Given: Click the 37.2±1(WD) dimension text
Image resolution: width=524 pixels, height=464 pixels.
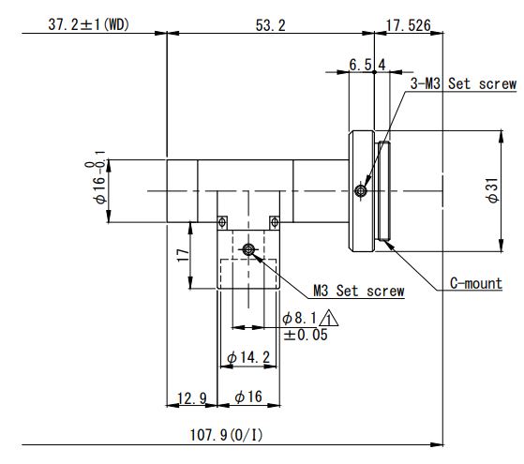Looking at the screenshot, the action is point(88,24).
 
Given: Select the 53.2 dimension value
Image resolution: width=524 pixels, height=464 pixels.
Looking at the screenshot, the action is point(270,25).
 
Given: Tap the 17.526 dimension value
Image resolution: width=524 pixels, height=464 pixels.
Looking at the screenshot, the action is point(408,25).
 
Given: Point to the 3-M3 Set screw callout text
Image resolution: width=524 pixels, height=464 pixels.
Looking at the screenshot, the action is point(463,83).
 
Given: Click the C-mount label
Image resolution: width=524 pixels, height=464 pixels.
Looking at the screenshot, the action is point(476,283).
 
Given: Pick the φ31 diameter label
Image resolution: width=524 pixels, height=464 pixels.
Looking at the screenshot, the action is point(493,190).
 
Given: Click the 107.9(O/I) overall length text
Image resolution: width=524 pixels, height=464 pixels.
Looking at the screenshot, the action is point(226,435).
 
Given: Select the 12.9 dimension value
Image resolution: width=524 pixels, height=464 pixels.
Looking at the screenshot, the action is point(192,398).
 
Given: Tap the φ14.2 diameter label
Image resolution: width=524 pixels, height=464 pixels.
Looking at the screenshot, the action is point(248,357).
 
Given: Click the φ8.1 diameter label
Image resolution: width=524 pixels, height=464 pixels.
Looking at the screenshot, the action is point(299,318).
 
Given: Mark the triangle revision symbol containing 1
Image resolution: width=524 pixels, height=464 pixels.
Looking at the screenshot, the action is point(328,319).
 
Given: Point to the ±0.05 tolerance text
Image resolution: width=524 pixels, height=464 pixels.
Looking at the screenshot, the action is point(306,335).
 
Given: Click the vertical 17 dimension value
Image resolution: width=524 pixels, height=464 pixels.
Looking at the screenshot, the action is point(183,255).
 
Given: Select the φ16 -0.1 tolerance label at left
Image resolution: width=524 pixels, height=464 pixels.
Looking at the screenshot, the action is point(99,177).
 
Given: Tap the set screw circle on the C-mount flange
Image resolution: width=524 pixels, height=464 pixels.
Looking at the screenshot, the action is point(361,191).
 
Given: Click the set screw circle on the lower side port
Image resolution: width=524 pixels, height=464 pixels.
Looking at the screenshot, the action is point(248,249).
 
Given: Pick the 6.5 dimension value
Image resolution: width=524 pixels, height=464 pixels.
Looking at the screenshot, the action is point(360,65).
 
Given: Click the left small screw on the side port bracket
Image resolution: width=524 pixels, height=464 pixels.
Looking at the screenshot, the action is point(222,222).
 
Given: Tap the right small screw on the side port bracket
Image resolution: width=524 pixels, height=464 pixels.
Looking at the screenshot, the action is point(275,222).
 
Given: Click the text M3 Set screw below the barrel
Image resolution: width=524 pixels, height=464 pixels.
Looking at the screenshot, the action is point(359,291).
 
